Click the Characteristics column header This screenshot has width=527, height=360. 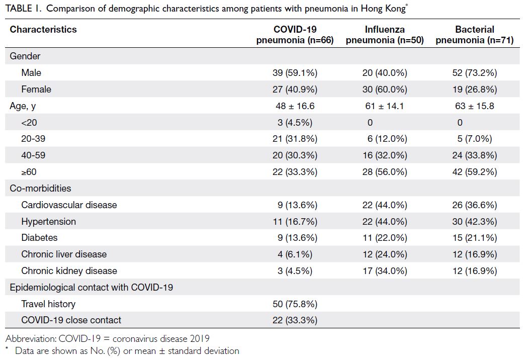click(x=43, y=30)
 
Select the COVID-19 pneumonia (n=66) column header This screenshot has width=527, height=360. click(x=295, y=35)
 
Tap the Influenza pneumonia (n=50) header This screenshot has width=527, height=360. click(x=385, y=35)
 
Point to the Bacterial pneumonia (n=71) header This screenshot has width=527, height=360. click(x=475, y=35)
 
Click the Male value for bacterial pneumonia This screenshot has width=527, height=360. click(x=475, y=72)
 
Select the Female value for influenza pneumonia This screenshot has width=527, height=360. click(x=385, y=89)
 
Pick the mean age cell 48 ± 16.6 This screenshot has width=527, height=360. click(x=295, y=106)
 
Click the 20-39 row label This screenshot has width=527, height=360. click(x=33, y=139)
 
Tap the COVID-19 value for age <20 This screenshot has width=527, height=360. click(x=295, y=123)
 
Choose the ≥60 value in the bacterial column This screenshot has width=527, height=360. click(x=475, y=172)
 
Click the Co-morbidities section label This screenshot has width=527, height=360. click(x=40, y=188)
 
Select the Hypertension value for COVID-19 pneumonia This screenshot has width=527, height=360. click(x=295, y=222)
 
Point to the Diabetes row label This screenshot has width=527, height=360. click(x=39, y=238)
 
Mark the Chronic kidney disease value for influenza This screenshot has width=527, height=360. click(x=385, y=271)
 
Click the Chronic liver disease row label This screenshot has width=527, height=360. click(x=64, y=254)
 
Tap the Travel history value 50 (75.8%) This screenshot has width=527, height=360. click(x=295, y=304)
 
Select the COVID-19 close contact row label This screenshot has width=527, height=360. click(x=71, y=320)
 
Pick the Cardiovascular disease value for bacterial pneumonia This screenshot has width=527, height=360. click(x=475, y=205)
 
